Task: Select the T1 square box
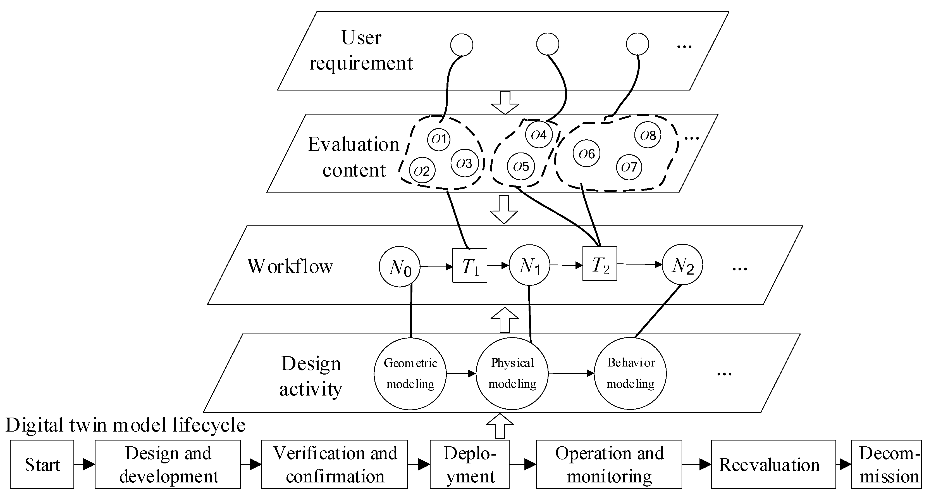(470, 266)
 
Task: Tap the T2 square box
(600, 264)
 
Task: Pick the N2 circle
(682, 265)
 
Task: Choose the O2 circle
(422, 171)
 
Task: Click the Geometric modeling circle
(410, 373)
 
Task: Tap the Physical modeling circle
(512, 373)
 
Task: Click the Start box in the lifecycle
(42, 464)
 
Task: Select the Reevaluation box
(773, 464)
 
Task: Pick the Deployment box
(470, 464)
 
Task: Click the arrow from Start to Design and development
(85, 464)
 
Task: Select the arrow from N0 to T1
(436, 266)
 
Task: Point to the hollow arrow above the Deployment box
(500, 426)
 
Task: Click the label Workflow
(290, 266)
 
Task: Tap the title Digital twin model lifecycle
(125, 425)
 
